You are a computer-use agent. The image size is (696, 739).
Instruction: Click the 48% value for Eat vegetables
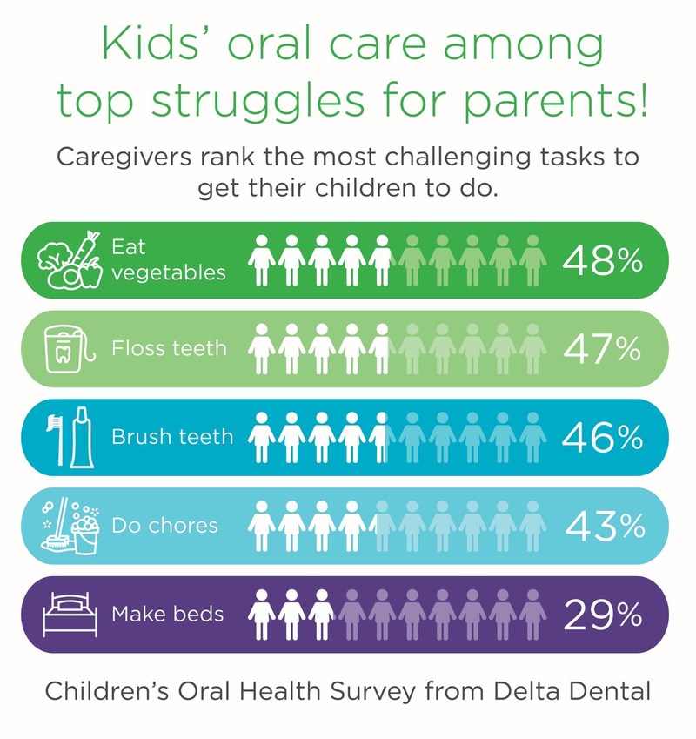tap(602, 259)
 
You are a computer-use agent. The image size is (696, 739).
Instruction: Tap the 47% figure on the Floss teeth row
tap(602, 348)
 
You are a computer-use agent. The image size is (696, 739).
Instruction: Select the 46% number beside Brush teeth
tap(602, 437)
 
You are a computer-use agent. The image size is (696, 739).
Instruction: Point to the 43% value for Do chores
tap(604, 525)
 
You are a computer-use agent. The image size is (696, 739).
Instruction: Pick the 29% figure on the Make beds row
tap(602, 614)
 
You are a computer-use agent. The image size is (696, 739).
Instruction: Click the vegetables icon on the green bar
tap(69, 259)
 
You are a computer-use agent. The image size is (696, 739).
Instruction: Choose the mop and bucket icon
tap(69, 526)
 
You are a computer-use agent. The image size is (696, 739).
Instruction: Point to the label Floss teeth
tap(169, 349)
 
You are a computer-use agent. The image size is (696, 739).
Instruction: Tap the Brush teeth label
tap(172, 437)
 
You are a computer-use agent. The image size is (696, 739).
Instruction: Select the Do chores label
tap(164, 526)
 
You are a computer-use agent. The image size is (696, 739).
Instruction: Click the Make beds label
tap(167, 615)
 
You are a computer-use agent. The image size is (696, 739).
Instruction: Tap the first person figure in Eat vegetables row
tap(261, 259)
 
